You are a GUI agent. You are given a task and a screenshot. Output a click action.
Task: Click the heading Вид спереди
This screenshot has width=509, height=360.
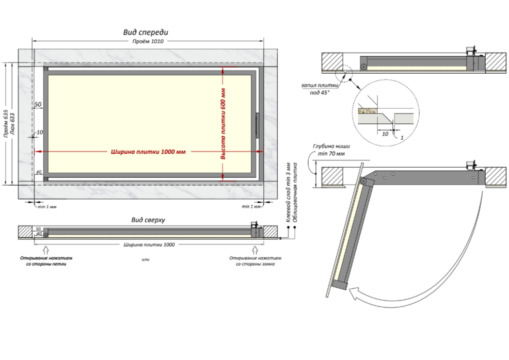(x=146, y=32)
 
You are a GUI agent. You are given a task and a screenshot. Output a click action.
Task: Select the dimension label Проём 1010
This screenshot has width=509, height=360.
(x=147, y=42)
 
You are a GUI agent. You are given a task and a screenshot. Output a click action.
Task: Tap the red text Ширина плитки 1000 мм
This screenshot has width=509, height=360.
(x=148, y=152)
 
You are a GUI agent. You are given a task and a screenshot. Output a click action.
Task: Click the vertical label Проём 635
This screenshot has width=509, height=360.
(x=6, y=124)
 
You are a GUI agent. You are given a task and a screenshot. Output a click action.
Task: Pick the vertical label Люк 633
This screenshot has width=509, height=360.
(x=12, y=124)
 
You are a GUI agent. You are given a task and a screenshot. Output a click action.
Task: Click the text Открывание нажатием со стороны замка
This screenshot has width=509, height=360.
(x=255, y=260)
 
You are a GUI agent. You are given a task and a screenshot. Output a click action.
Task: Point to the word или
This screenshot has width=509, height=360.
(x=145, y=259)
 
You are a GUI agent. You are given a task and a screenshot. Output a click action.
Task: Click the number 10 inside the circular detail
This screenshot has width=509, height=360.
(x=385, y=133)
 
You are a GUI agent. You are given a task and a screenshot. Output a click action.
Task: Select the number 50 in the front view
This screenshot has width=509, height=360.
(x=38, y=105)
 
